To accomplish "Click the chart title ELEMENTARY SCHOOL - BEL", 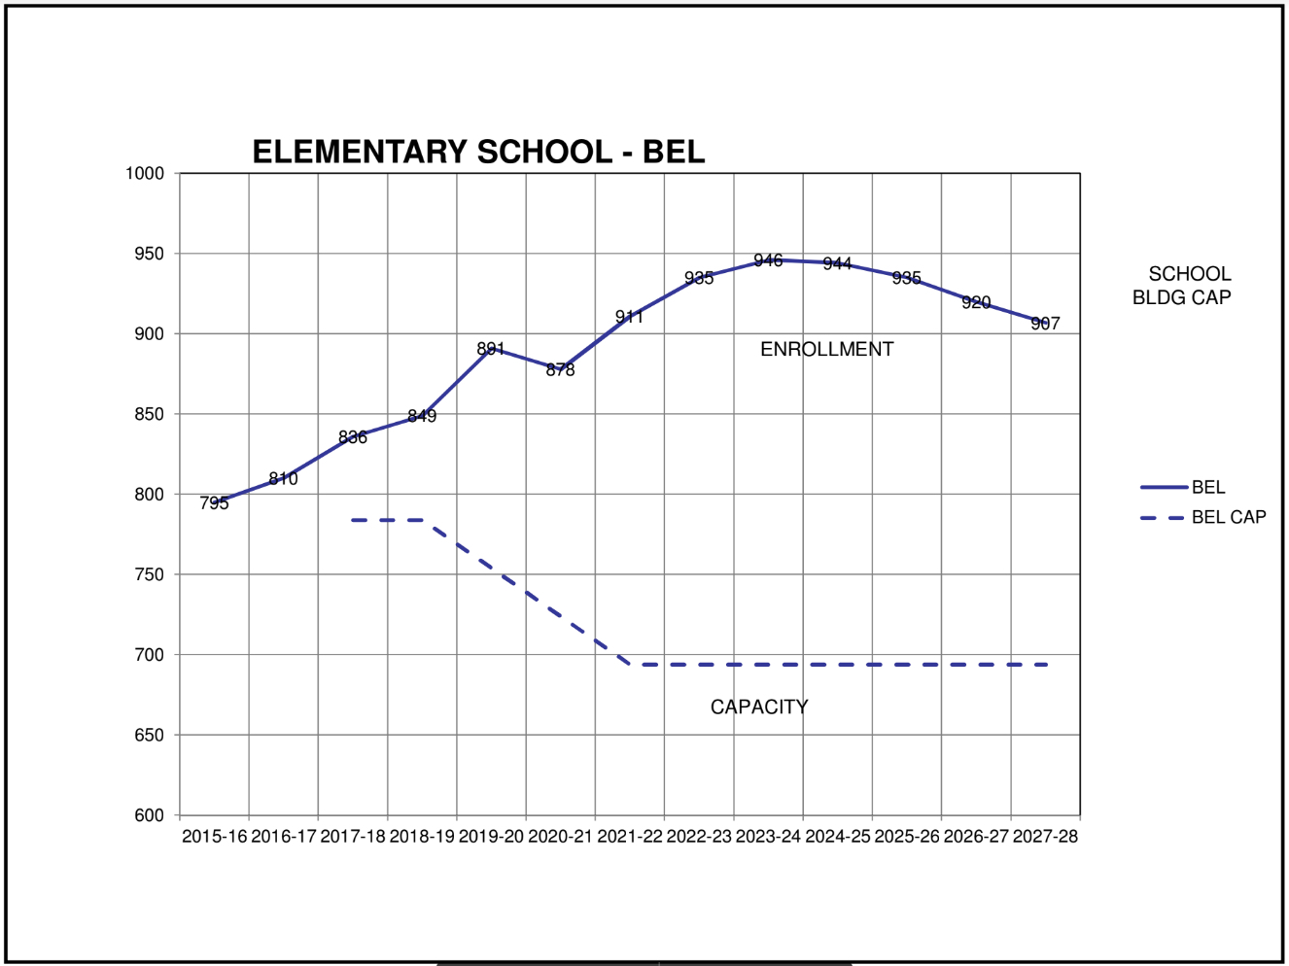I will pos(478,152).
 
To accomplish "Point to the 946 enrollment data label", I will pos(768,260).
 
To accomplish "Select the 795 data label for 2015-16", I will pos(214,503).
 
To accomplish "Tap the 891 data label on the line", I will pos(491,349).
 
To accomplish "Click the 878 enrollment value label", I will pos(560,370).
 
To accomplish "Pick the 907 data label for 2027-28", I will pos(1045,324).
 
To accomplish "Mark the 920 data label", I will pos(976,303).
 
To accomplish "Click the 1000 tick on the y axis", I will pos(145,174).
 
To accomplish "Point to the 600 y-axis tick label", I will pos(150,816).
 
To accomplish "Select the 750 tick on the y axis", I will pos(150,575).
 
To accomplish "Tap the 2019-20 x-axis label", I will pos(491,837).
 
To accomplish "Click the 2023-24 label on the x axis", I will pos(768,837).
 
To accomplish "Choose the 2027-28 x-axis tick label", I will pos(1045,837).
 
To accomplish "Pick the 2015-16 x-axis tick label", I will pos(214,837).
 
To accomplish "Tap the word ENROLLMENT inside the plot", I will pos(826,349).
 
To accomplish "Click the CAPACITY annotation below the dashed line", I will pos(759,707).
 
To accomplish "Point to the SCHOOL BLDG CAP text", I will pos(1182,286).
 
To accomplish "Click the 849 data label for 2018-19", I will pos(422,416).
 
